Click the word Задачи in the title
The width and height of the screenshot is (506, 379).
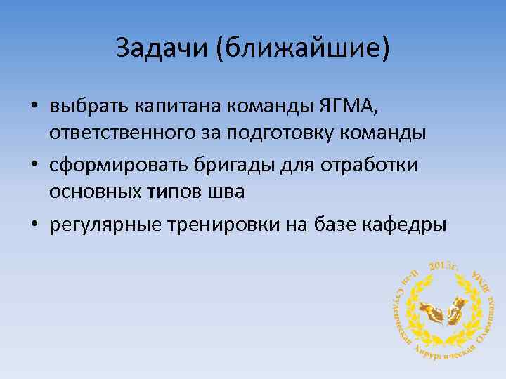[x=161, y=48]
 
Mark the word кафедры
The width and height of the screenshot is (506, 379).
[x=406, y=226]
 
